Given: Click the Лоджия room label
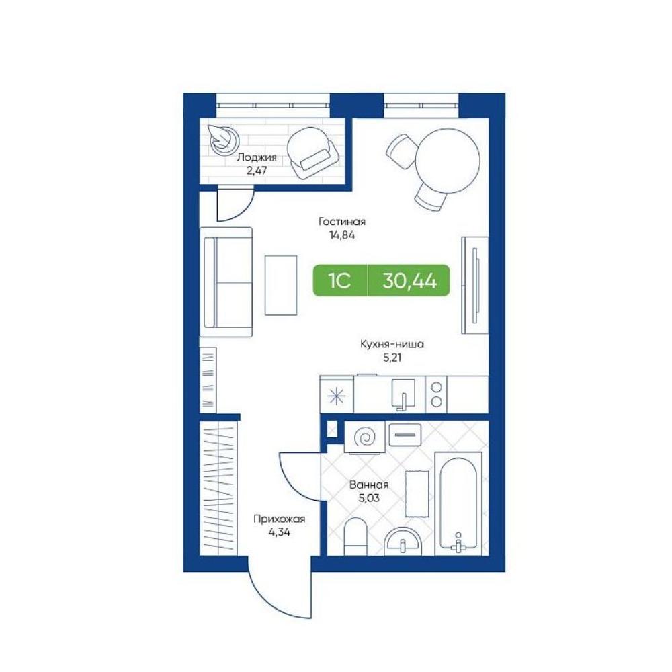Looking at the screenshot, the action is coord(257,157).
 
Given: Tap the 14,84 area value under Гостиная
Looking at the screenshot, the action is coord(342,235).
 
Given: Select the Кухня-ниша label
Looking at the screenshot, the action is coord(392,344).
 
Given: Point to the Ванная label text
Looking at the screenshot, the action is coord(369,485).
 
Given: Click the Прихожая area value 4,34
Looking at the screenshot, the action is coord(279,532).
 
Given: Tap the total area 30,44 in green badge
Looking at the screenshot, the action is coord(410,281).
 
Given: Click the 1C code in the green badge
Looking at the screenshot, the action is coord(339,281).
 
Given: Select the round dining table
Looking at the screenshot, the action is coord(448,161).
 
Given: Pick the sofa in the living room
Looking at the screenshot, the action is coord(226,282).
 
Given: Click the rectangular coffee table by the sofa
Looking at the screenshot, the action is coord(281,285).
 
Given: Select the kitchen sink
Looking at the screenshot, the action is coord(403,394).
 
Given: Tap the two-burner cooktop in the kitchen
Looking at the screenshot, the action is coord(436,394).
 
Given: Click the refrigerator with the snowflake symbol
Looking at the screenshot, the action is coord(337,395).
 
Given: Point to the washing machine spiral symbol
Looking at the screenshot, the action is coord(366,437).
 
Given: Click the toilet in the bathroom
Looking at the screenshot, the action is coord(355,536).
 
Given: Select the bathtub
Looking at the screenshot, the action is coord(458,503).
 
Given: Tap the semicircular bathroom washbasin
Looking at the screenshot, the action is coord(403,542).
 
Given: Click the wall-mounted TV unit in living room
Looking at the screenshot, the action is coord(475,284).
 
